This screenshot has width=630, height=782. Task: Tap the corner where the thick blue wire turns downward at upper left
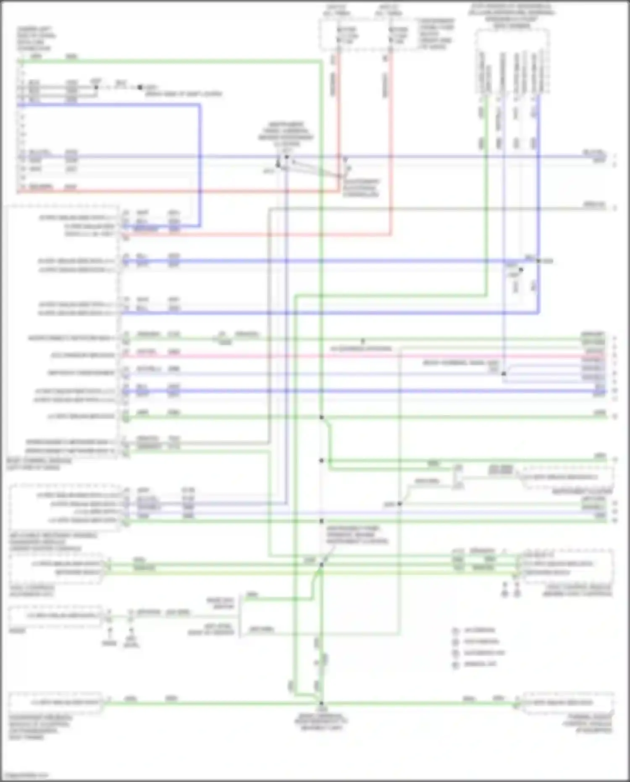[x=199, y=105]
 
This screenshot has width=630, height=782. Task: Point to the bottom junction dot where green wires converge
[x=321, y=703]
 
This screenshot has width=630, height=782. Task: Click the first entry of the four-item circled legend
[x=456, y=630]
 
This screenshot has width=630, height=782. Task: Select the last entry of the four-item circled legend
[x=456, y=665]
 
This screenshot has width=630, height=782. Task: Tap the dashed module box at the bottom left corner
[x=55, y=702]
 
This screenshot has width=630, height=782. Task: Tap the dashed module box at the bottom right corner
[x=568, y=702]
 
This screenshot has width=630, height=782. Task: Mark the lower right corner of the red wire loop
[x=391, y=234]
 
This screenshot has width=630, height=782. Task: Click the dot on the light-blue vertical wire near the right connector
[x=504, y=373]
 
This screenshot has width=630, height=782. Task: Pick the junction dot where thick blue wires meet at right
[x=538, y=261]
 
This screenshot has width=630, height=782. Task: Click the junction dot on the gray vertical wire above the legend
[x=399, y=503]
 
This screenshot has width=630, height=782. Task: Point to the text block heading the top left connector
[x=36, y=39]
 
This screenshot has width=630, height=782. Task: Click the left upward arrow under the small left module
[x=110, y=632]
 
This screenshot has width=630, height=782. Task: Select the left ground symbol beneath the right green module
[x=505, y=593]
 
